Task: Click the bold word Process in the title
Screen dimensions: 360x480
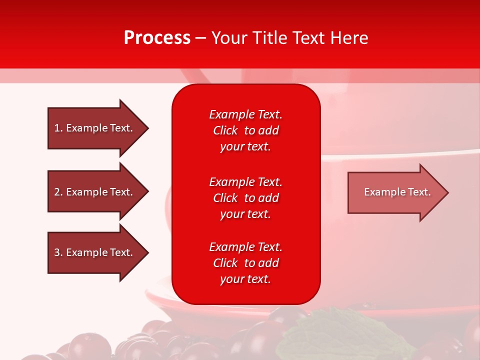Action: pos(157,38)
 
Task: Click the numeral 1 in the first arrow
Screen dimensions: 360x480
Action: pos(57,128)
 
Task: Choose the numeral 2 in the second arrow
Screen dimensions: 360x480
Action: pos(57,192)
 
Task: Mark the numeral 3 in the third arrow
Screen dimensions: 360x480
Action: pos(57,252)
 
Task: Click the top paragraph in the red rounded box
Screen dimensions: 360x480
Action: pos(245,130)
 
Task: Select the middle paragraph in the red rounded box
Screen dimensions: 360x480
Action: pos(245,198)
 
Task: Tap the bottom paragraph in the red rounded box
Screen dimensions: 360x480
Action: pos(245,263)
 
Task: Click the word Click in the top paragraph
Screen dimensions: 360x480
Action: pos(225,130)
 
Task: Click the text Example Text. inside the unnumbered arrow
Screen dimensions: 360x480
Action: pos(397,192)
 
